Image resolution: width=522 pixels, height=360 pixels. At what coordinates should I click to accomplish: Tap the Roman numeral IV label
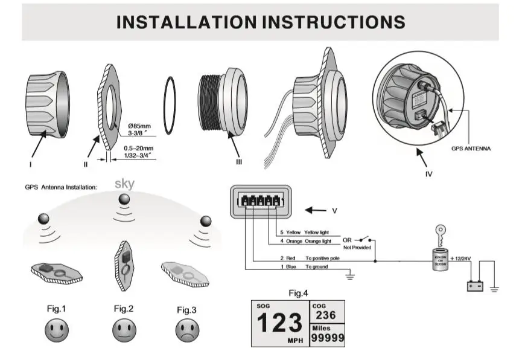[x=428, y=175]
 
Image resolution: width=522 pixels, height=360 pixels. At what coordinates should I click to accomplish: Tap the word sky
[x=125, y=184]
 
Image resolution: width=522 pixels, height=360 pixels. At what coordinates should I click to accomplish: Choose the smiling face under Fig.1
[x=56, y=330]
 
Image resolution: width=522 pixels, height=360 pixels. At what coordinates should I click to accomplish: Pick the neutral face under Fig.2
[x=123, y=330]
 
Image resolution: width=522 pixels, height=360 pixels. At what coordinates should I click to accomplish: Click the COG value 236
[x=325, y=316]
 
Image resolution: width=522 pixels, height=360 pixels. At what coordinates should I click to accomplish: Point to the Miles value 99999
[x=326, y=338]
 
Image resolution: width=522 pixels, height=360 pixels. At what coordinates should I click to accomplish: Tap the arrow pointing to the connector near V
[x=316, y=211]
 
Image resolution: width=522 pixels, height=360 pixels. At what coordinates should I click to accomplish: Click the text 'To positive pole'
[x=323, y=258]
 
